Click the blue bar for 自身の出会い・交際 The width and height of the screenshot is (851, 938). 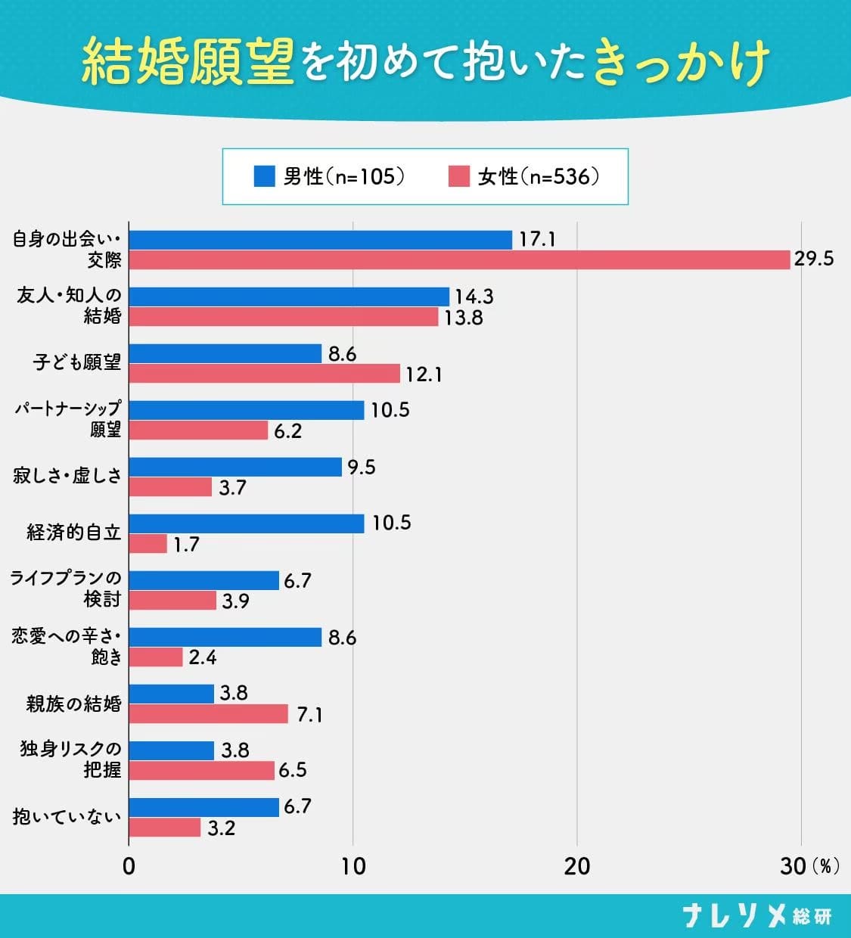[321, 240]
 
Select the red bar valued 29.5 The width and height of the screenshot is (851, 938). [459, 259]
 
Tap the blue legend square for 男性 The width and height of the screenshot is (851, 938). [264, 176]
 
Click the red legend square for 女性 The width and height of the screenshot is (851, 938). [458, 176]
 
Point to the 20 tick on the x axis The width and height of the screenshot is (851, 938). [576, 866]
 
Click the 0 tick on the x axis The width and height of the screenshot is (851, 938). [129, 866]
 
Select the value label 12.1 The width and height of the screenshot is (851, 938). [424, 374]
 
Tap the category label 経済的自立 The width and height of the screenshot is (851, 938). [73, 533]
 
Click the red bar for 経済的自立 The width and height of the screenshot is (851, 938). [148, 543]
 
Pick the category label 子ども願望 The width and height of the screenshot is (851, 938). [76, 362]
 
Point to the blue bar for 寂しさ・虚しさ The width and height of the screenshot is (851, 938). [235, 467]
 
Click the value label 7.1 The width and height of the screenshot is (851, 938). [309, 714]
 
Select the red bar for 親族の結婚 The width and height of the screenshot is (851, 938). [209, 713]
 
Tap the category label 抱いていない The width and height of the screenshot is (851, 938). [67, 817]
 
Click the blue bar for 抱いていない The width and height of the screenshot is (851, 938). [204, 807]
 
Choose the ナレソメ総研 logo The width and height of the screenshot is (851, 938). [756, 916]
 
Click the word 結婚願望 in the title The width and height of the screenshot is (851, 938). [188, 60]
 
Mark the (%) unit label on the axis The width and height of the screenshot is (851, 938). [825, 866]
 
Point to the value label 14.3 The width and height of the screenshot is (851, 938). [474, 297]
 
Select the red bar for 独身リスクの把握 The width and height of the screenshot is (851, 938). [202, 770]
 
